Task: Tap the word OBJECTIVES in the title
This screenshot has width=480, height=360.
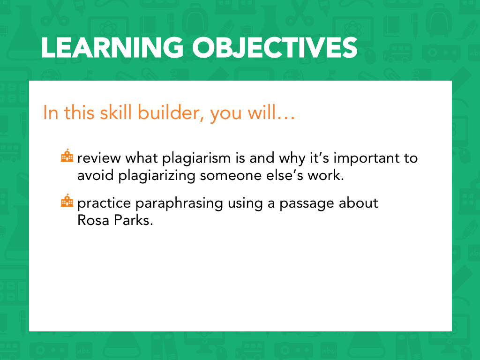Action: click(x=275, y=47)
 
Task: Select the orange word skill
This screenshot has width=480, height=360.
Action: click(x=116, y=112)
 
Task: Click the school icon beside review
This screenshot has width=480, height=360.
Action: click(x=67, y=156)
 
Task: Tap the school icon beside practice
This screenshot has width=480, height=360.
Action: click(x=67, y=201)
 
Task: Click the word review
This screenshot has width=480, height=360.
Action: click(x=99, y=158)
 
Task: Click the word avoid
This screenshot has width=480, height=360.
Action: click(x=96, y=176)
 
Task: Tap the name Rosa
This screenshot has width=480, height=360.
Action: click(x=93, y=220)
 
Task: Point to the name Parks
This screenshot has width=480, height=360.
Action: click(x=133, y=220)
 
